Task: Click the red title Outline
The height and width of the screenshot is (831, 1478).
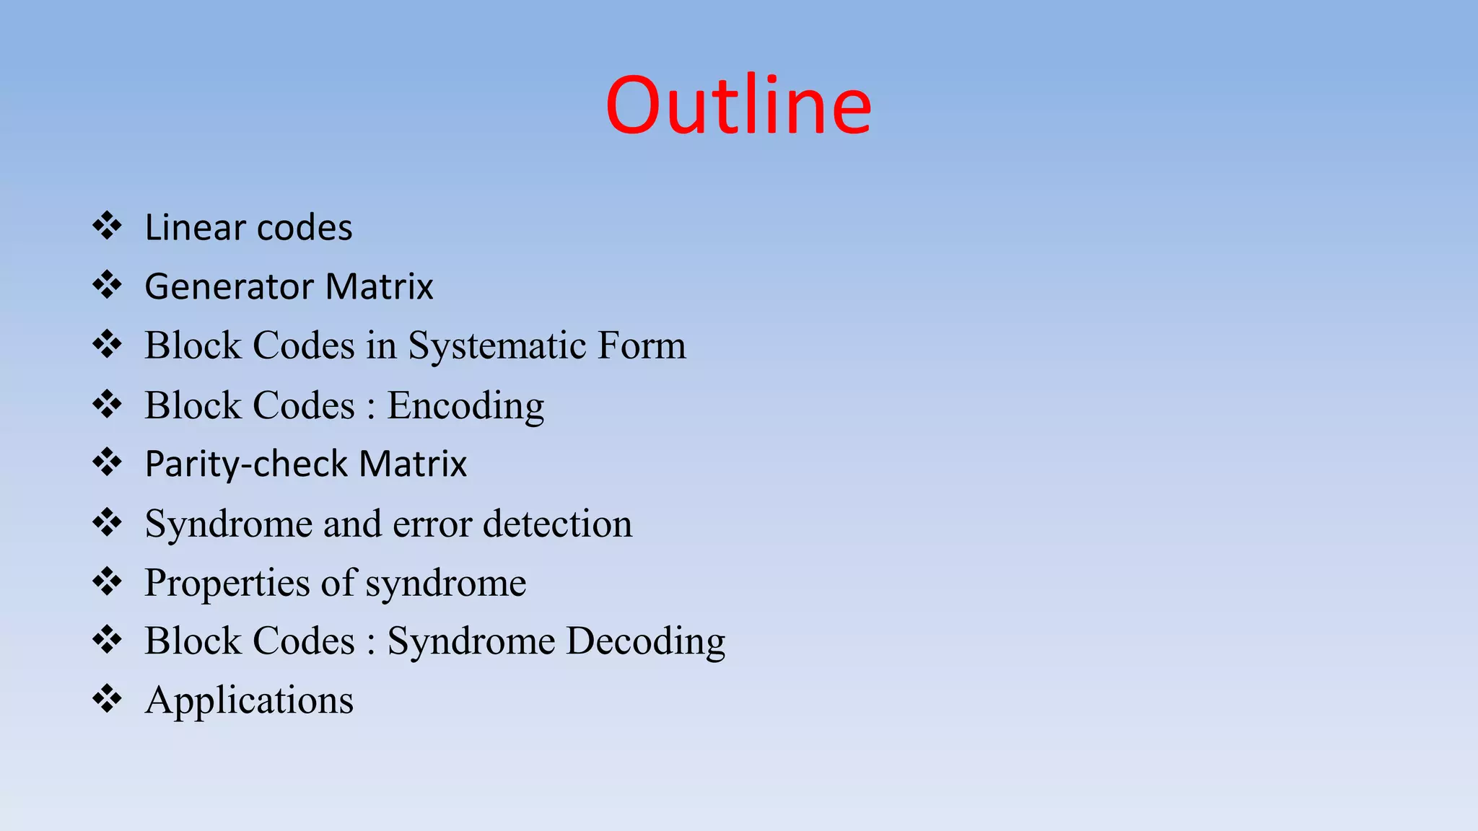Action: [738, 105]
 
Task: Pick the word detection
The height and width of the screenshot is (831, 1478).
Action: [557, 524]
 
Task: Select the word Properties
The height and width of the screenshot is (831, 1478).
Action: [227, 584]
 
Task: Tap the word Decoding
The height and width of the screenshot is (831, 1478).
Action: [645, 641]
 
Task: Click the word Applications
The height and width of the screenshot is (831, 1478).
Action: [249, 700]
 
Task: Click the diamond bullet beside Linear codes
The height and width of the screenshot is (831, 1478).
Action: [107, 227]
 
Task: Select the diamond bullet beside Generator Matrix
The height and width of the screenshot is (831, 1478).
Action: [107, 286]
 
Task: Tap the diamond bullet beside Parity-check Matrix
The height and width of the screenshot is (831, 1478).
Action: [107, 463]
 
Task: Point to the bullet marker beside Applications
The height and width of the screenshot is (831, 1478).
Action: [107, 700]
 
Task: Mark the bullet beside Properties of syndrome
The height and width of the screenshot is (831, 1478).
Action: [107, 581]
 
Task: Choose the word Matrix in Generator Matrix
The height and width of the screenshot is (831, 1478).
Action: [379, 287]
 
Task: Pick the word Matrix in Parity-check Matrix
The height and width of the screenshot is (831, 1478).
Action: [413, 465]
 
